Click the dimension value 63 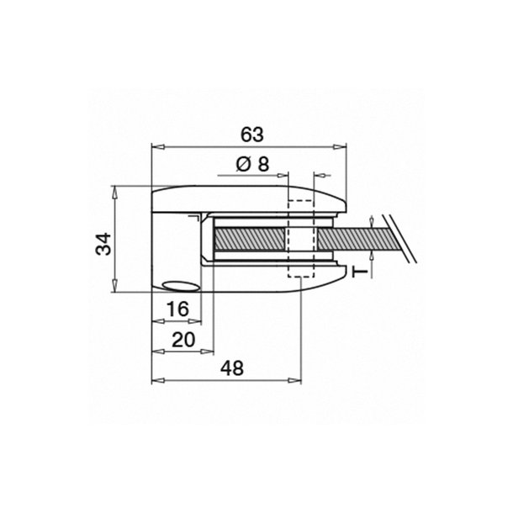(x=252, y=135)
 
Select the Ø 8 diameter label (x=252, y=164)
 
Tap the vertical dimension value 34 (x=103, y=244)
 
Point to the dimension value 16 (x=177, y=309)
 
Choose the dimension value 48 (x=232, y=368)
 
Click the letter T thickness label (x=360, y=272)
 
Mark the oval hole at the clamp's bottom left (x=182, y=286)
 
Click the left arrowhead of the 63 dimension (x=158, y=147)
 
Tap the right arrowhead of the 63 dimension (x=340, y=147)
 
